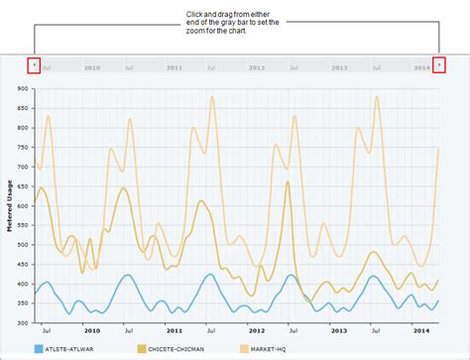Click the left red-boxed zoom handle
[35, 65]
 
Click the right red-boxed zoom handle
[439, 65]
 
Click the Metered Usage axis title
[9, 205]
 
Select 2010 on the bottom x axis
[92, 331]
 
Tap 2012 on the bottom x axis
[257, 331]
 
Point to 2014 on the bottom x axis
[421, 331]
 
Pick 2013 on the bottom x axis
[339, 331]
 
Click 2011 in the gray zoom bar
[175, 67]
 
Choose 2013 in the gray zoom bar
[339, 67]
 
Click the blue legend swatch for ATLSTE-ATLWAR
[39, 350]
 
